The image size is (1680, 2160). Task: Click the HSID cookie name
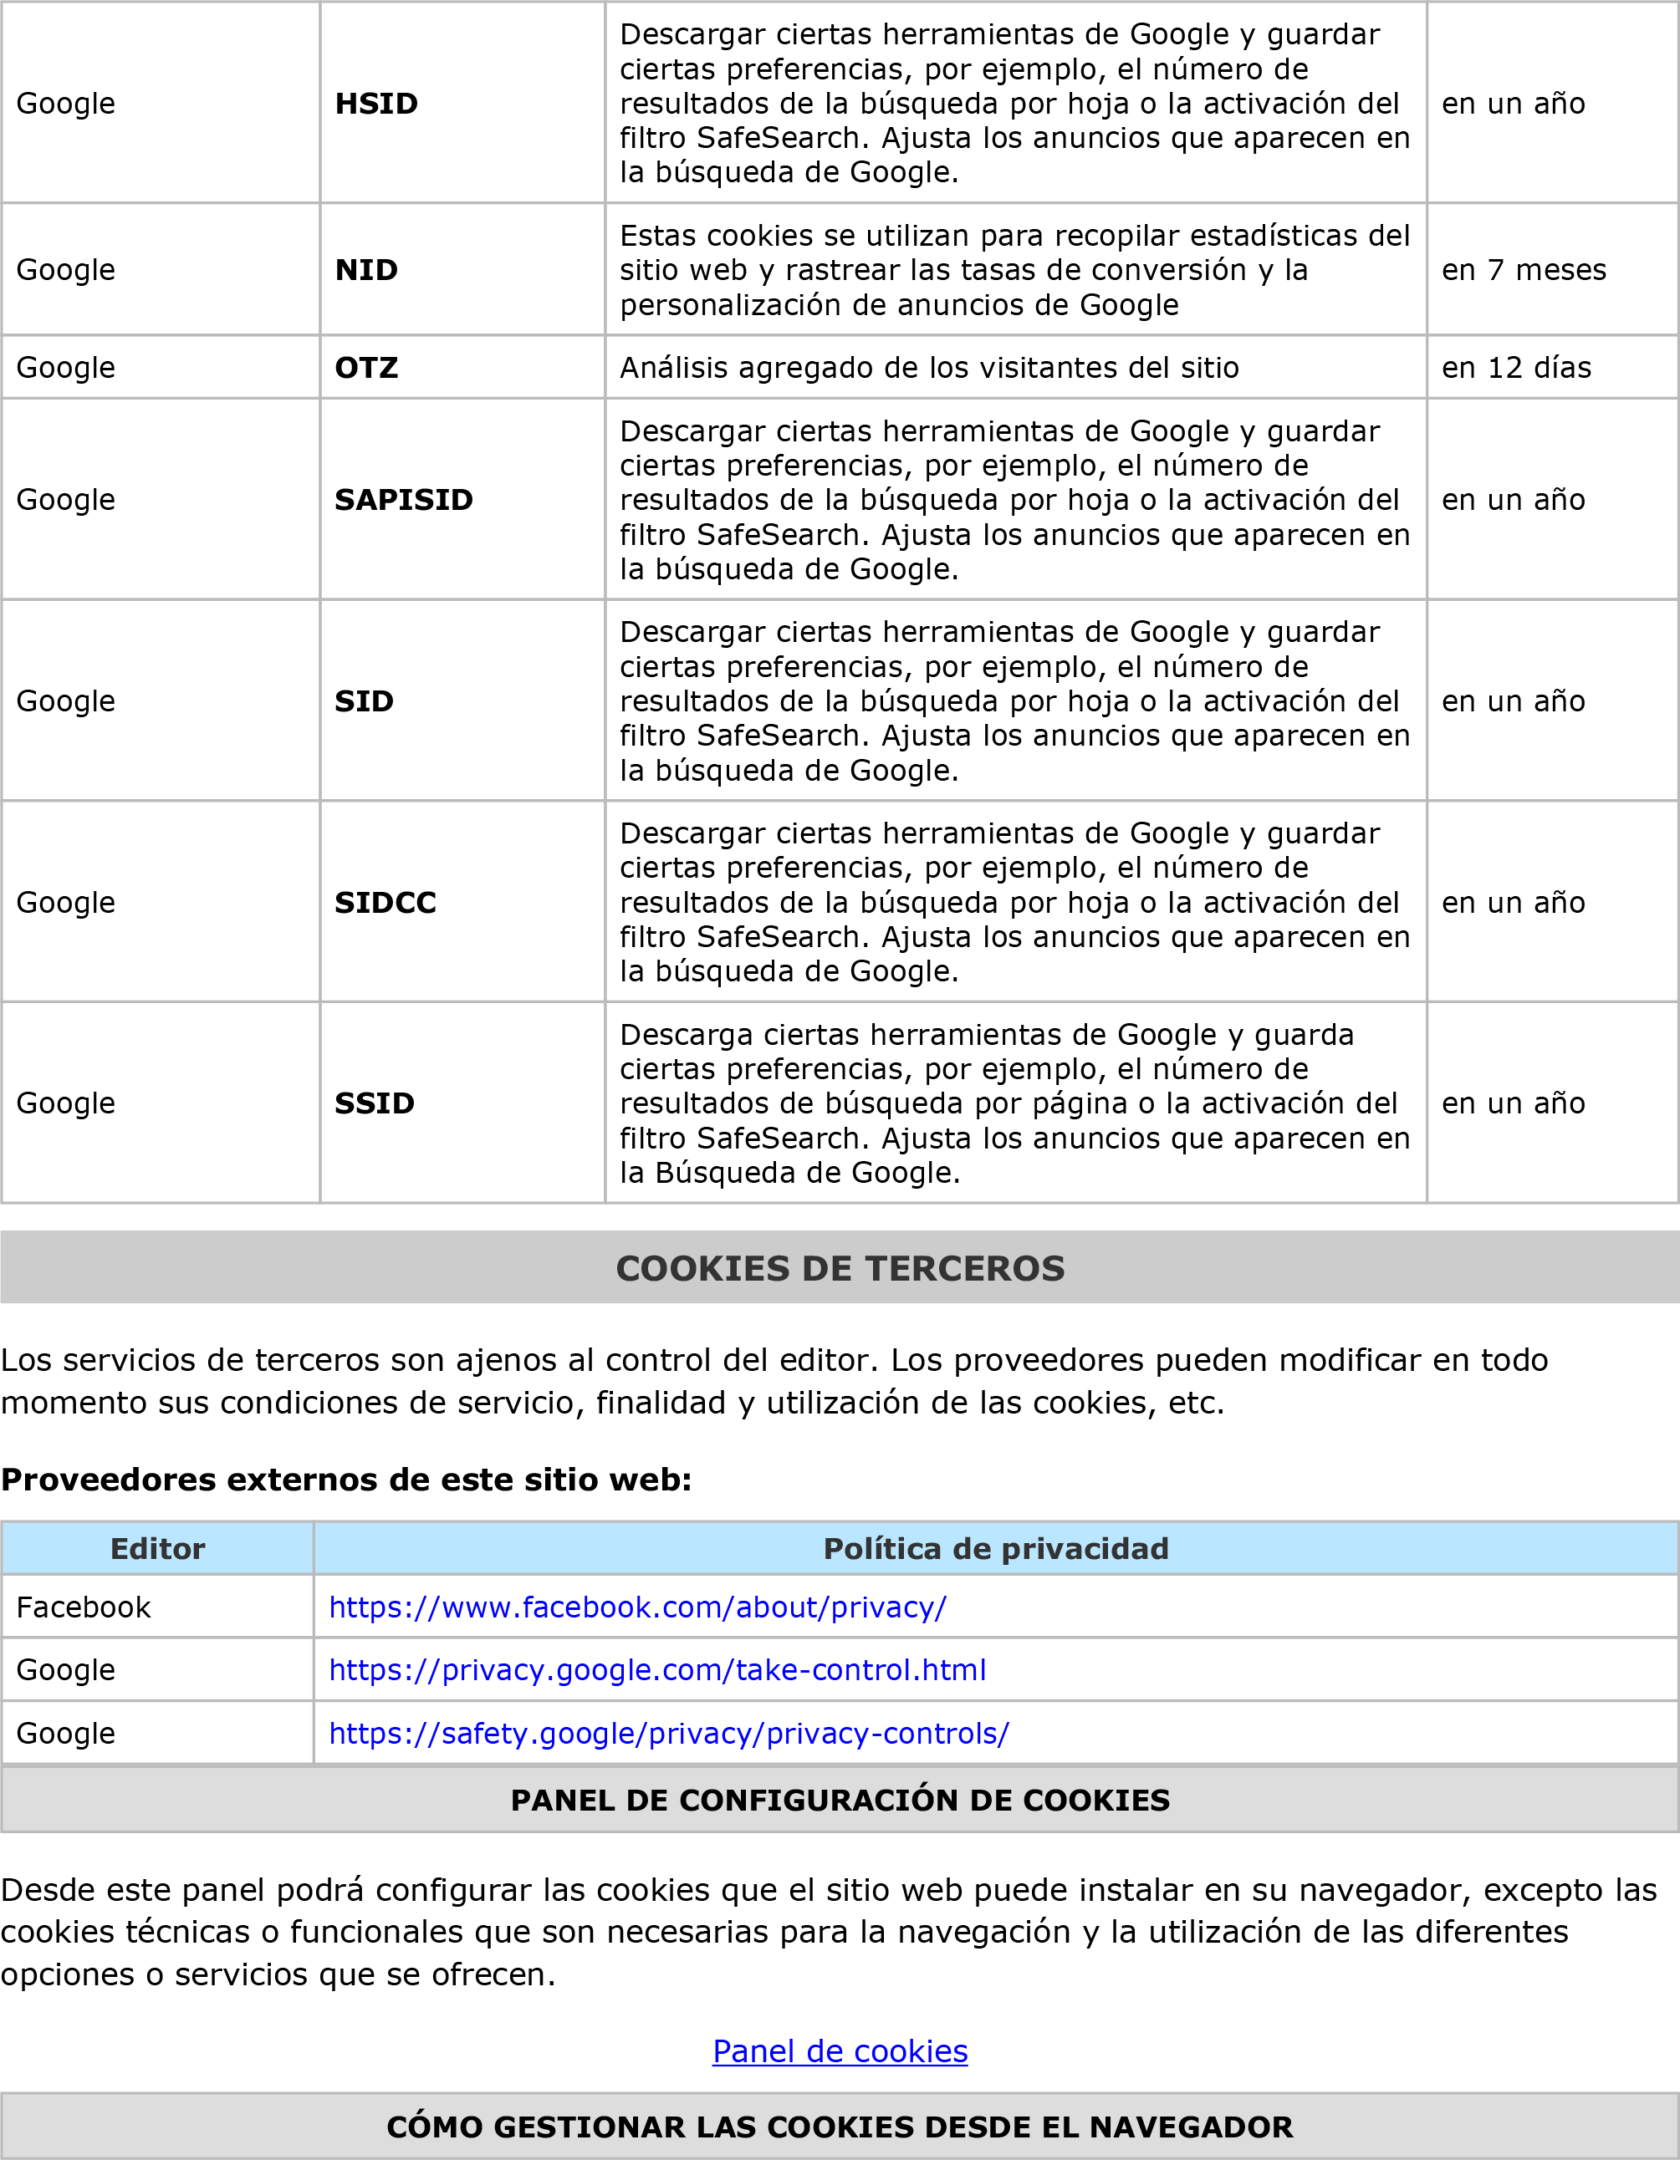[376, 103]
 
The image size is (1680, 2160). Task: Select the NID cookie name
[366, 270]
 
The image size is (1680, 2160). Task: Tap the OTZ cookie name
[366, 368]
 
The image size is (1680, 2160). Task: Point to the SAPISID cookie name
[404, 499]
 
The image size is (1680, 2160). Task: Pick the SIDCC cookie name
[385, 902]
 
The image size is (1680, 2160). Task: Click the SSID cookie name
[374, 1103]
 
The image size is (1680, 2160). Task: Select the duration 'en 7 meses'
[1523, 270]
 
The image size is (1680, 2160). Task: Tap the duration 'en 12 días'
[1516, 368]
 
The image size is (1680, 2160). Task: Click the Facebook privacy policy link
[637, 1607]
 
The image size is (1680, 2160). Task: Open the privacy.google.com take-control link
[657, 1669]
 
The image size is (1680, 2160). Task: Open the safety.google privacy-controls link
[669, 1733]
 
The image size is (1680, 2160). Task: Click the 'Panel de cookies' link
[840, 2051]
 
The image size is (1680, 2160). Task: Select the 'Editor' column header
[157, 1549]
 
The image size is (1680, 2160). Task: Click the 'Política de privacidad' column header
[995, 1549]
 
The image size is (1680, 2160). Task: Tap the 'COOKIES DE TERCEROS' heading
[840, 1268]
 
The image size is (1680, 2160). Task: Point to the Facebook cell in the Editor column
[84, 1607]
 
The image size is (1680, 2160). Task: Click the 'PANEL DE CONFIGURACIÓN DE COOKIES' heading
[840, 1800]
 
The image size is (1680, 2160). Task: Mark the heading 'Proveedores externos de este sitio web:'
[346, 1480]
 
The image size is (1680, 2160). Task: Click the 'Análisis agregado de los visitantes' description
[929, 368]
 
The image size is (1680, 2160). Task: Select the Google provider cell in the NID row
[66, 270]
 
